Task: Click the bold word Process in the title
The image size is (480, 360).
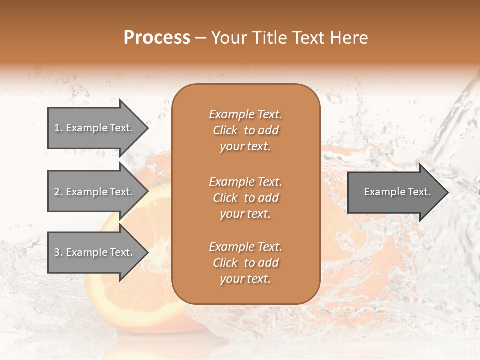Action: [157, 38]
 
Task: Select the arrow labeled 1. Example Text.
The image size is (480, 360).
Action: [93, 128]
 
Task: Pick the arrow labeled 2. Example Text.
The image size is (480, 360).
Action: [93, 192]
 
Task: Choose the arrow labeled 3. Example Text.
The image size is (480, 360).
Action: [93, 252]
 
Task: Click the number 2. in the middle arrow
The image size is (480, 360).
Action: [58, 192]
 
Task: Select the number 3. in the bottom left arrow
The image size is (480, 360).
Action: [58, 252]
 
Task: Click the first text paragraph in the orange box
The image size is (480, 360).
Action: [245, 130]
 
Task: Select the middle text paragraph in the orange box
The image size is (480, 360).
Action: [245, 198]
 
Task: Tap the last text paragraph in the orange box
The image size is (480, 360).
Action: [245, 263]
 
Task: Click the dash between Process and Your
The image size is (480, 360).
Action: [200, 38]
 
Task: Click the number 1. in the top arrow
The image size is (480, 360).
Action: [58, 128]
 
